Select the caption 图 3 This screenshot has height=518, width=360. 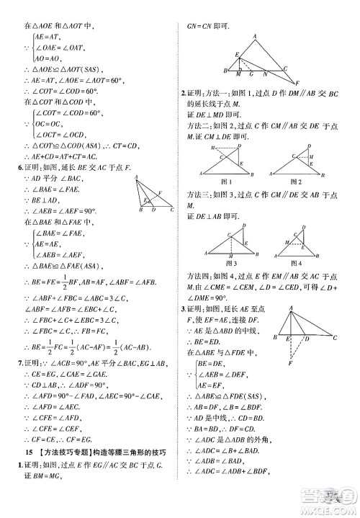229,264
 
